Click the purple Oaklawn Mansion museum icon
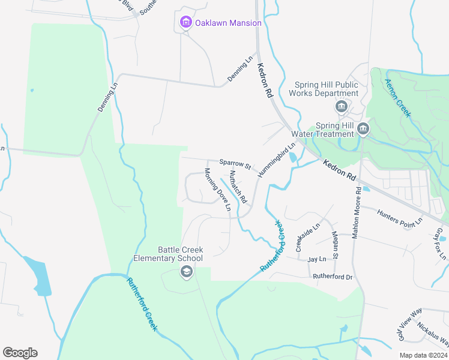(x=186, y=23)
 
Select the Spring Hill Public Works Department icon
(x=342, y=107)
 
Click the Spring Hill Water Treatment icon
(x=363, y=129)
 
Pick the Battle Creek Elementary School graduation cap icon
(x=186, y=272)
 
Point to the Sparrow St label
(x=234, y=163)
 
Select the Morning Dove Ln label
(x=217, y=190)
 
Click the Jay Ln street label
(x=316, y=259)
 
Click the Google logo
(x=20, y=353)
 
